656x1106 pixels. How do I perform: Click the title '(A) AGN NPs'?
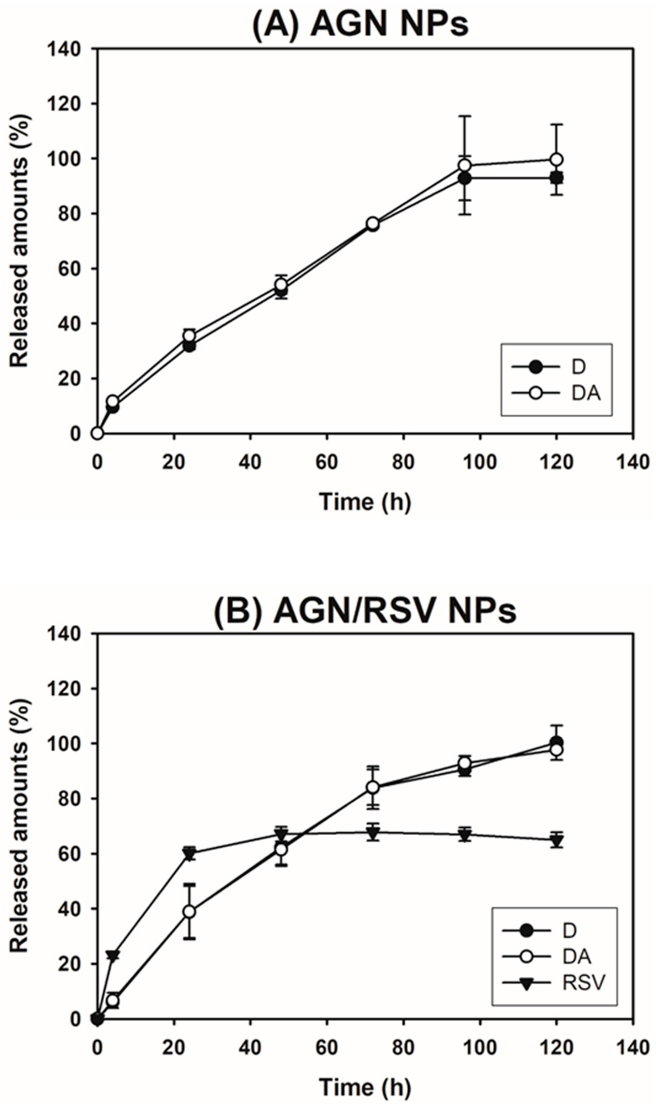point(360,24)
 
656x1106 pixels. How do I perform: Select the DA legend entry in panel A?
point(557,393)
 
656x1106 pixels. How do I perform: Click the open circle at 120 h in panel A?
point(557,159)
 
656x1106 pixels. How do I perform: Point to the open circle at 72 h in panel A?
point(373,224)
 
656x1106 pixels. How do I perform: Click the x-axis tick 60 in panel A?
point(327,462)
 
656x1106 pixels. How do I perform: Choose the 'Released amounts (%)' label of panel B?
point(19,827)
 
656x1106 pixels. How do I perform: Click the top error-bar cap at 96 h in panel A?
point(465,116)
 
